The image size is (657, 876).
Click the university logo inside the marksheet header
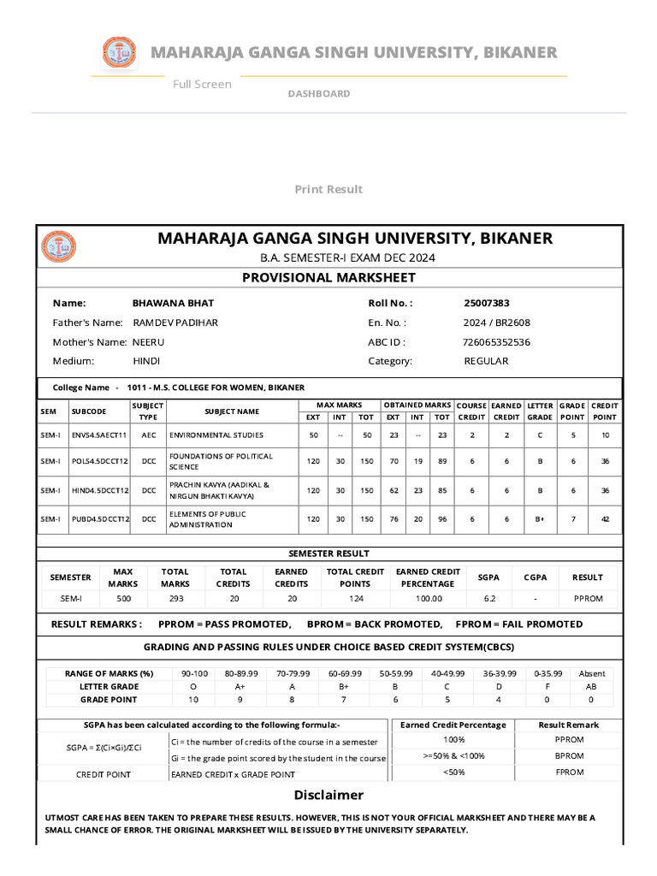coord(58,246)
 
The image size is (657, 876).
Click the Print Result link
coord(328,189)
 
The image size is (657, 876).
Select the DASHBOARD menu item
coord(318,93)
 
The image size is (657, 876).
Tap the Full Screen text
coord(202,84)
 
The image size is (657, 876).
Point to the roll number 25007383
coord(487,303)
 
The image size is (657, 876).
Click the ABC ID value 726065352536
coord(496,341)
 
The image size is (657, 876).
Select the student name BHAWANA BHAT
coord(174,303)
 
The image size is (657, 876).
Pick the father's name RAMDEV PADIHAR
coord(175,323)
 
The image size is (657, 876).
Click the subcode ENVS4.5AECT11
coord(99,435)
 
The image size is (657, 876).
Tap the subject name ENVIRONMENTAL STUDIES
coord(216,435)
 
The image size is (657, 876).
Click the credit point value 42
coord(605,519)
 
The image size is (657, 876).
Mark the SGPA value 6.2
coord(488,599)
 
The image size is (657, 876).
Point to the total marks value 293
coord(175,599)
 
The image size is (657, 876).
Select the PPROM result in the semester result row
coord(588,599)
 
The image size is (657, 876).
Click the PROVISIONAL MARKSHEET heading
coord(328,277)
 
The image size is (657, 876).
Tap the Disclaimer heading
coord(328,795)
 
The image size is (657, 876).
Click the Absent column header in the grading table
coord(591,673)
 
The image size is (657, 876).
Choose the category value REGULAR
coord(486,361)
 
